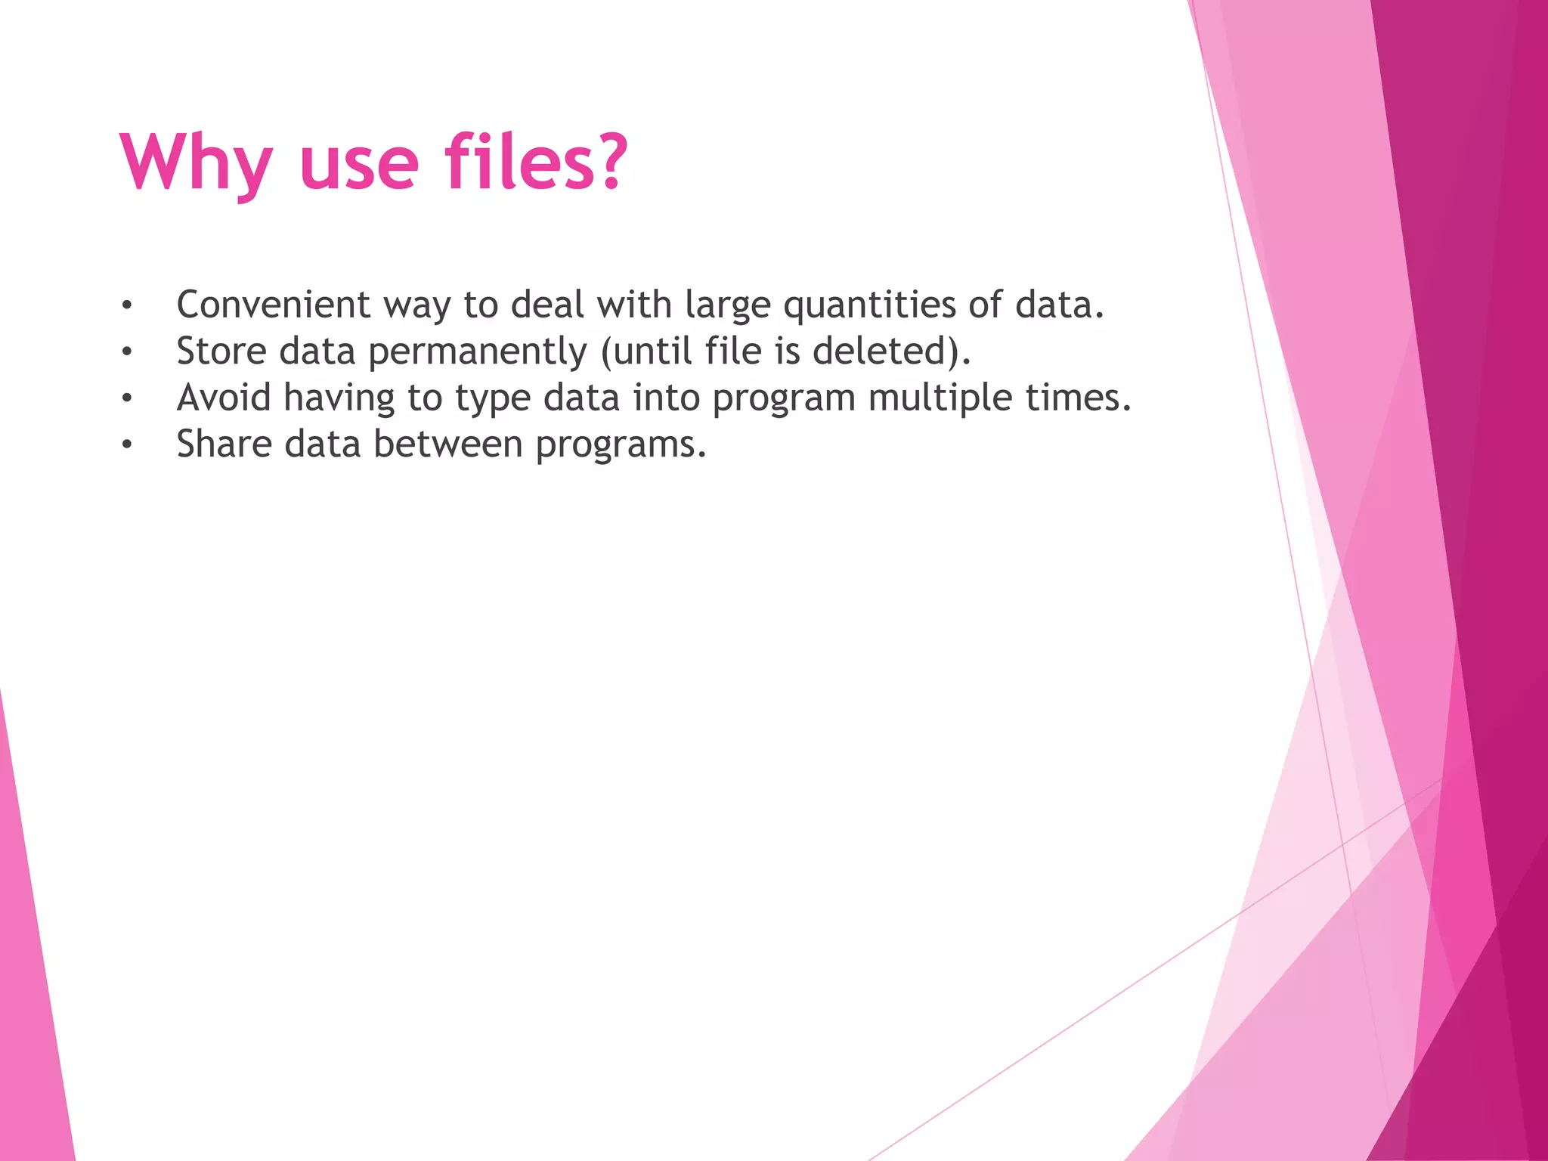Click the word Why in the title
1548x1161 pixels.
click(x=195, y=163)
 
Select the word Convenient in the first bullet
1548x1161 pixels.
click(x=273, y=305)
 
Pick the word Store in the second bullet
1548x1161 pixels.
click(x=221, y=351)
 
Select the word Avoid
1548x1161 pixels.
click(x=224, y=398)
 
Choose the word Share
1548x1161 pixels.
click(x=224, y=444)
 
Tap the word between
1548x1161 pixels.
click(x=447, y=444)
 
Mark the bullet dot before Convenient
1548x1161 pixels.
click(x=127, y=306)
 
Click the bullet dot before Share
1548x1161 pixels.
click(x=127, y=445)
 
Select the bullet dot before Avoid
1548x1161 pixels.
click(x=127, y=398)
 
